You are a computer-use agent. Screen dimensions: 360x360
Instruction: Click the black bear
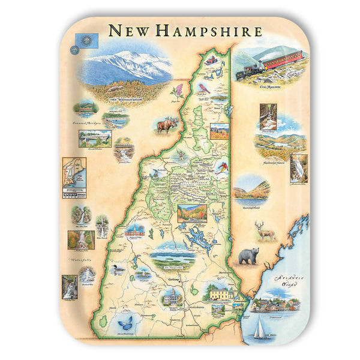point(248,256)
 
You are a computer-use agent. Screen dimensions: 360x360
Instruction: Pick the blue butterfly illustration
point(127,323)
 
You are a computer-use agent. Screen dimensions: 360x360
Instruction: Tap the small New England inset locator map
point(74,174)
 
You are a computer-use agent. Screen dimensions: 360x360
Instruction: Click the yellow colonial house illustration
point(220,292)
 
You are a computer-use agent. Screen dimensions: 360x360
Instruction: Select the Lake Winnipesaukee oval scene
point(173,255)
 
